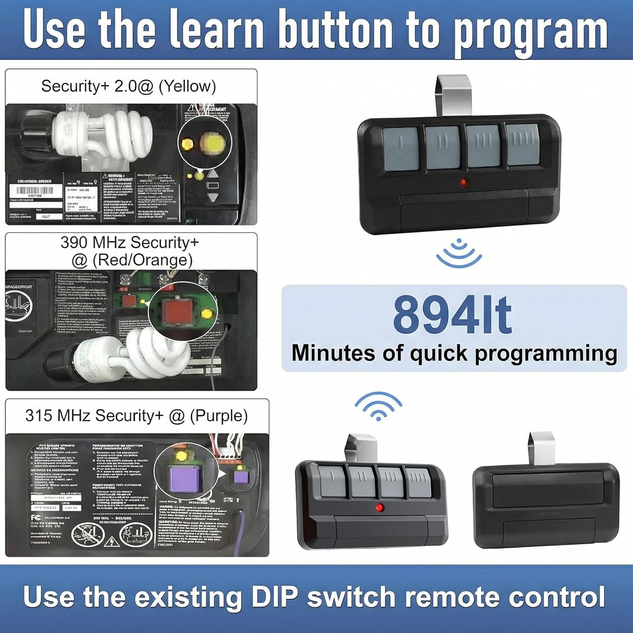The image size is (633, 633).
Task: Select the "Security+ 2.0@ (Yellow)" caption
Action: coord(128,86)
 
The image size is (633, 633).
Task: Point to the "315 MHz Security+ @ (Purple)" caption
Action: coord(136,416)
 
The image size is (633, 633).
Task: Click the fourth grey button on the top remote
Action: coord(522,144)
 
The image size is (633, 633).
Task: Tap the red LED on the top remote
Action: coord(464,183)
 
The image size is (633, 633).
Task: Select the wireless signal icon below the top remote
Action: coord(459,253)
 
